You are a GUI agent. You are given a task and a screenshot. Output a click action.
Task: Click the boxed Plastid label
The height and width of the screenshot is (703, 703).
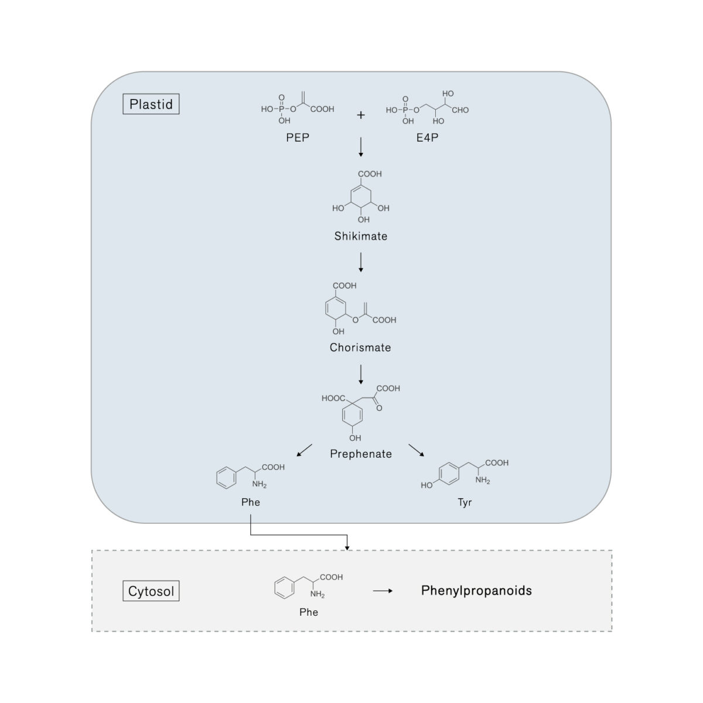pyautogui.click(x=151, y=104)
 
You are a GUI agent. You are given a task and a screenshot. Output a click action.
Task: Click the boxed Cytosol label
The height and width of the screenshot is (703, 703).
pyautogui.click(x=151, y=591)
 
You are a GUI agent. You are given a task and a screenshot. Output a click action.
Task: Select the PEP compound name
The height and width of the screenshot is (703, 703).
pyautogui.click(x=298, y=138)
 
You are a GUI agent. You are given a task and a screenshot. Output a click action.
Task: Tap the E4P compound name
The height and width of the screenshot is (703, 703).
pyautogui.click(x=427, y=138)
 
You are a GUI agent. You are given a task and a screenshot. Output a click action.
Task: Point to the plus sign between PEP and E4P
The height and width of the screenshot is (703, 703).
pyautogui.click(x=361, y=115)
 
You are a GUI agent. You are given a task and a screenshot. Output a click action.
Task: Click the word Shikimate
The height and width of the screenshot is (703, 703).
pyautogui.click(x=361, y=236)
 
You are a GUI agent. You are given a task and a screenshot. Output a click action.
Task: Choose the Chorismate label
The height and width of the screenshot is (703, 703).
pyautogui.click(x=360, y=348)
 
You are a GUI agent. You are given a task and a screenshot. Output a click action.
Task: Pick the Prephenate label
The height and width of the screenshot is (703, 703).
pyautogui.click(x=361, y=454)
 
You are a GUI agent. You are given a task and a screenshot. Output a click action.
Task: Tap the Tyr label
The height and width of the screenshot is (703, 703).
pyautogui.click(x=465, y=502)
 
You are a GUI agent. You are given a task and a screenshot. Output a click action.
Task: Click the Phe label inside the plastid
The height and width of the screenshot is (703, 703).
pyautogui.click(x=251, y=502)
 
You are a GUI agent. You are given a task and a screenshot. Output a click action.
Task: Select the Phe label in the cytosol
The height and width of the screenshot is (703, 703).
pyautogui.click(x=309, y=612)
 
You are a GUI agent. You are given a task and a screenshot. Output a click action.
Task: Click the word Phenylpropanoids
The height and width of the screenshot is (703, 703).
pyautogui.click(x=476, y=591)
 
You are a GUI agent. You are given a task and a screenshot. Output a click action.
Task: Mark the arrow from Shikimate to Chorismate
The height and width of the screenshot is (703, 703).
pyautogui.click(x=361, y=262)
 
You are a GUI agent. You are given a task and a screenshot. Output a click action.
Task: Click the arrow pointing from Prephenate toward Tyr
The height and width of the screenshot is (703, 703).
pyautogui.click(x=415, y=450)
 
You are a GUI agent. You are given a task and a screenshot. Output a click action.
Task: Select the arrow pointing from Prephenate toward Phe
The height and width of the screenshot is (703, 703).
pyautogui.click(x=305, y=450)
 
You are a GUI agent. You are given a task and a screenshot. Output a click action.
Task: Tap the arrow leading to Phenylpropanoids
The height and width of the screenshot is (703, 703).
pyautogui.click(x=383, y=591)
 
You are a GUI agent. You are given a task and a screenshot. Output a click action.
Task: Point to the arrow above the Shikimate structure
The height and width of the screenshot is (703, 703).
pyautogui.click(x=361, y=147)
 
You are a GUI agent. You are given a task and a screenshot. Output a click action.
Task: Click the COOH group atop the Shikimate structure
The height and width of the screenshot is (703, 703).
pyautogui.click(x=370, y=174)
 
